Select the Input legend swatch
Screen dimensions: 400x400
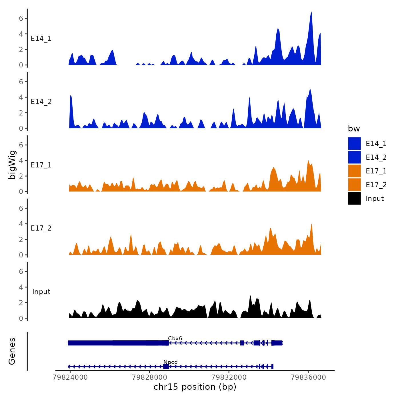[354, 198]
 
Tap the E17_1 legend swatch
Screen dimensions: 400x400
[354, 171]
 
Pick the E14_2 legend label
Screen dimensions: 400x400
[376, 157]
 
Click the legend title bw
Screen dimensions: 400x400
[354, 129]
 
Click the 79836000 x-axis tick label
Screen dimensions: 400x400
[308, 377]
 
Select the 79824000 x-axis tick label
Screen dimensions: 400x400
[70, 377]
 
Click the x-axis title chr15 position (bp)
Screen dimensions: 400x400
[195, 387]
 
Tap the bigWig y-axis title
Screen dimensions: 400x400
[12, 165]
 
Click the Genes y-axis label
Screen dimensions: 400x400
[12, 351]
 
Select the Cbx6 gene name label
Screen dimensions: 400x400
[175, 338]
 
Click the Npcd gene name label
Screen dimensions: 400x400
[170, 362]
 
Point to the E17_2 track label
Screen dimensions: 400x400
[41, 228]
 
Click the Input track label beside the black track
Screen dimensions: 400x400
[41, 291]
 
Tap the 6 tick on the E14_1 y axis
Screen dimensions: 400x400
[21, 18]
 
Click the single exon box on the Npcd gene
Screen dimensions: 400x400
[166, 367]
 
